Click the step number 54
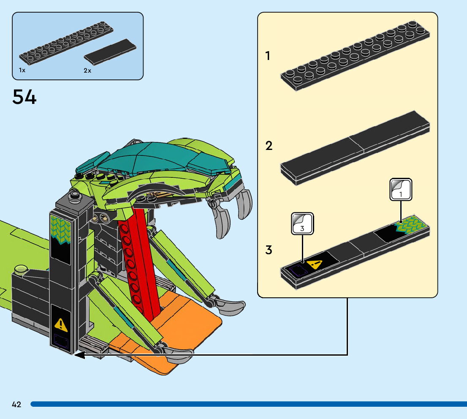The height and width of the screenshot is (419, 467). point(24,97)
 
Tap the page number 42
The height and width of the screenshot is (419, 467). point(16,404)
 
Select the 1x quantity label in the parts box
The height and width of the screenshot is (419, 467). point(22,70)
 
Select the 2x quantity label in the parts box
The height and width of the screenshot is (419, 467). point(87,71)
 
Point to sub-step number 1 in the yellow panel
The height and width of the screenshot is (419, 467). point(268,56)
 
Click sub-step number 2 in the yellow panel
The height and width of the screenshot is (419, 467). point(269,146)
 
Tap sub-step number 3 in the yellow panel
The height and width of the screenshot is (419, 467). point(269,250)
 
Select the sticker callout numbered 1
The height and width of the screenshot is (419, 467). point(400,189)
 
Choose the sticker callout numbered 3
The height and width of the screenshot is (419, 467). point(302,223)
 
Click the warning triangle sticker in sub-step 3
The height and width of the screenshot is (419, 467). point(315,265)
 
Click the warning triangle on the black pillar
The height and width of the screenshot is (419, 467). point(61,324)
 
